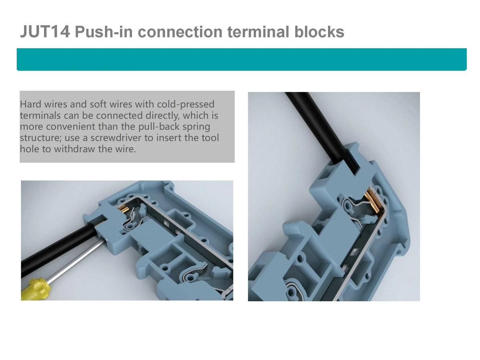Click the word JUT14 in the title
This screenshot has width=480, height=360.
(45, 32)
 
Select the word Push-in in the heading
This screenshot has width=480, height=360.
(104, 32)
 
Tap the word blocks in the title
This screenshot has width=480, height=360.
(319, 32)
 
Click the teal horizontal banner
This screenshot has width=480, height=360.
(242, 59)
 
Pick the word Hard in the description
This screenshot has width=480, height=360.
(31, 104)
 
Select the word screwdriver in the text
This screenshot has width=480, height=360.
(116, 138)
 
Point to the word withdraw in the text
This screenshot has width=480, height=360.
(75, 149)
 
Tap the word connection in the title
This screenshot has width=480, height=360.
(180, 32)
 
